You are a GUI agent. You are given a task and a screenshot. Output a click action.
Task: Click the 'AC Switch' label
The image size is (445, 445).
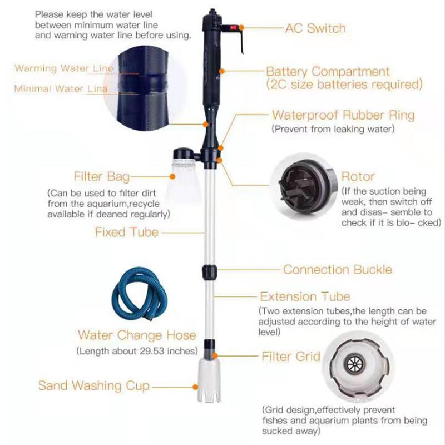pyautogui.click(x=315, y=28)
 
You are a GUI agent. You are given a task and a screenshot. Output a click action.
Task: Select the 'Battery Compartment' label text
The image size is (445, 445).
pyautogui.click(x=328, y=72)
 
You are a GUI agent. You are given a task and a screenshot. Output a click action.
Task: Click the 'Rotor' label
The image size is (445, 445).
pyautogui.click(x=358, y=177)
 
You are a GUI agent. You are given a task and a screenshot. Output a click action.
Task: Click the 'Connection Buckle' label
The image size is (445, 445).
pyautogui.click(x=338, y=270)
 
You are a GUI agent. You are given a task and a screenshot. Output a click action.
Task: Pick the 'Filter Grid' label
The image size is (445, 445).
pyautogui.click(x=291, y=356)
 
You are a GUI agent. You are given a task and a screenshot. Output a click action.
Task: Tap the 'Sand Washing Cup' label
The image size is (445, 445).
pyautogui.click(x=94, y=385)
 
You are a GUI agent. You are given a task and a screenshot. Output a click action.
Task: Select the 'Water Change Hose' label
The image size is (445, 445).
pyautogui.click(x=137, y=335)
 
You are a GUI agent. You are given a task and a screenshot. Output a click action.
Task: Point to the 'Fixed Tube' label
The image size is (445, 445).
pyautogui.click(x=126, y=232)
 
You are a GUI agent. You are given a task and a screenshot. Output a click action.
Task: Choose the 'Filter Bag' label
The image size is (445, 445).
pyautogui.click(x=102, y=177)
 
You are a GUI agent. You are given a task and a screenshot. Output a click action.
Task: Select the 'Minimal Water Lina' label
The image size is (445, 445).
pyautogui.click(x=61, y=88)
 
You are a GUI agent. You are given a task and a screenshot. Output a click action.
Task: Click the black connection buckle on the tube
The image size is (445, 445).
pyautogui.click(x=209, y=273)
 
